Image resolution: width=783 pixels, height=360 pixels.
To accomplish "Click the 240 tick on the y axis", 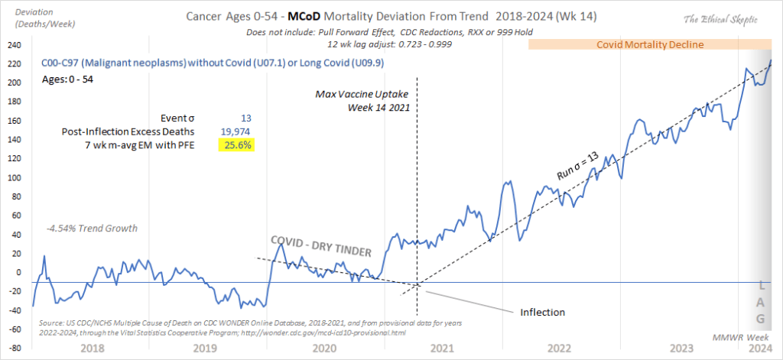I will (x=14, y=45).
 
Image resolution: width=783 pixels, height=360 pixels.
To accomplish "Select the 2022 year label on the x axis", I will (x=557, y=347).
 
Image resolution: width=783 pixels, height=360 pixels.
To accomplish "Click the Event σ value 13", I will (x=245, y=118).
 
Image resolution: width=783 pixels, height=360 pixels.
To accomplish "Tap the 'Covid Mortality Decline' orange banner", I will (x=650, y=45).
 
